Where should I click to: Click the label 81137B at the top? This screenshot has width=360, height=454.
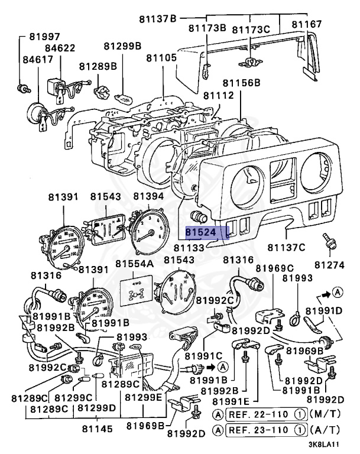[x=157, y=19]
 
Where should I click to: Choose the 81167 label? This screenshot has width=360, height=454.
[x=307, y=24]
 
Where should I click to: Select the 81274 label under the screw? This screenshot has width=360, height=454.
[x=329, y=264]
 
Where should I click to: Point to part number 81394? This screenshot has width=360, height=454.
[x=148, y=196]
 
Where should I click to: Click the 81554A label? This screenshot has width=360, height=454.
[x=134, y=263]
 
